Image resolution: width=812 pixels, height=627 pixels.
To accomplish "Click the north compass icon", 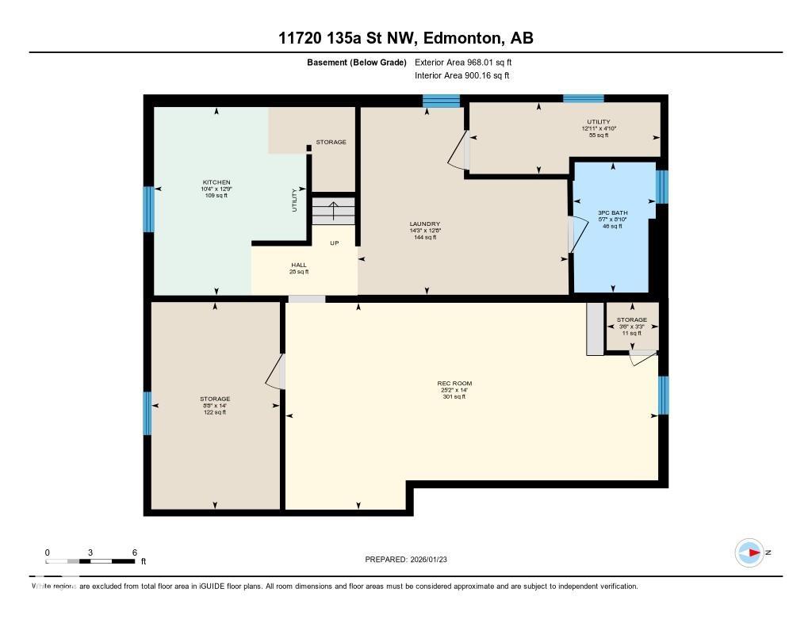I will coord(749,552).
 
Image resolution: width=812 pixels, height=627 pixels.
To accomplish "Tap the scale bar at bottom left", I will coord(90,561).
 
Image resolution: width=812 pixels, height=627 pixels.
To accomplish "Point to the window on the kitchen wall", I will coord(147,209).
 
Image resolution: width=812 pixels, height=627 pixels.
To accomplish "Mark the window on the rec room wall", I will coord(664,395).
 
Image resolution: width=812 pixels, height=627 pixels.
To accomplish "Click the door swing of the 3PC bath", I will coord(578,235).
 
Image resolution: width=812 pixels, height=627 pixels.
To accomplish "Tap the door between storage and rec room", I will coord(274,371).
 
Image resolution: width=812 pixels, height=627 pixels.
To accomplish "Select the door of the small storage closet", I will coord(642,358).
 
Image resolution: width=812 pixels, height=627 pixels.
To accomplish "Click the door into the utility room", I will coord(458,151).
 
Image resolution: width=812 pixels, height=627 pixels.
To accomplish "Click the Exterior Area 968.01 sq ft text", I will coord(469,62).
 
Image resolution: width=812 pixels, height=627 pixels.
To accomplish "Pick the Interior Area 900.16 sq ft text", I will coord(462,75).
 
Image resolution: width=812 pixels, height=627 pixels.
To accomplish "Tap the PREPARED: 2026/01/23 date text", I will coord(411,559).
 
